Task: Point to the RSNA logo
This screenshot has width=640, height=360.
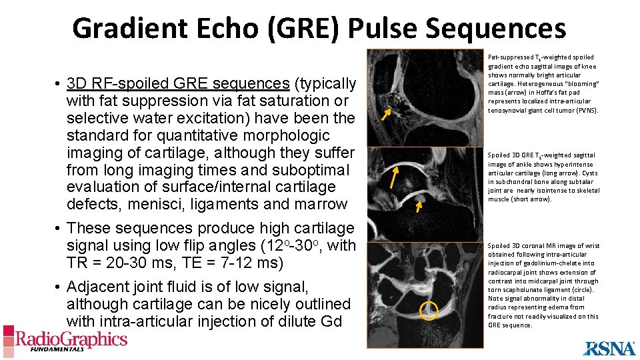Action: click(609, 347)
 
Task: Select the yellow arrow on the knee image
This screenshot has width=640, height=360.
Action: click(386, 114)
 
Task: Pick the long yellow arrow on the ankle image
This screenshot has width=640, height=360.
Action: click(395, 179)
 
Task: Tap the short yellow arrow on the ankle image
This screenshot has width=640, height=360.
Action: click(419, 206)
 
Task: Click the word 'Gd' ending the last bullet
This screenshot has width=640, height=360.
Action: click(333, 321)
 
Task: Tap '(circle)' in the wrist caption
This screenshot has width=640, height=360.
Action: click(581, 290)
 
